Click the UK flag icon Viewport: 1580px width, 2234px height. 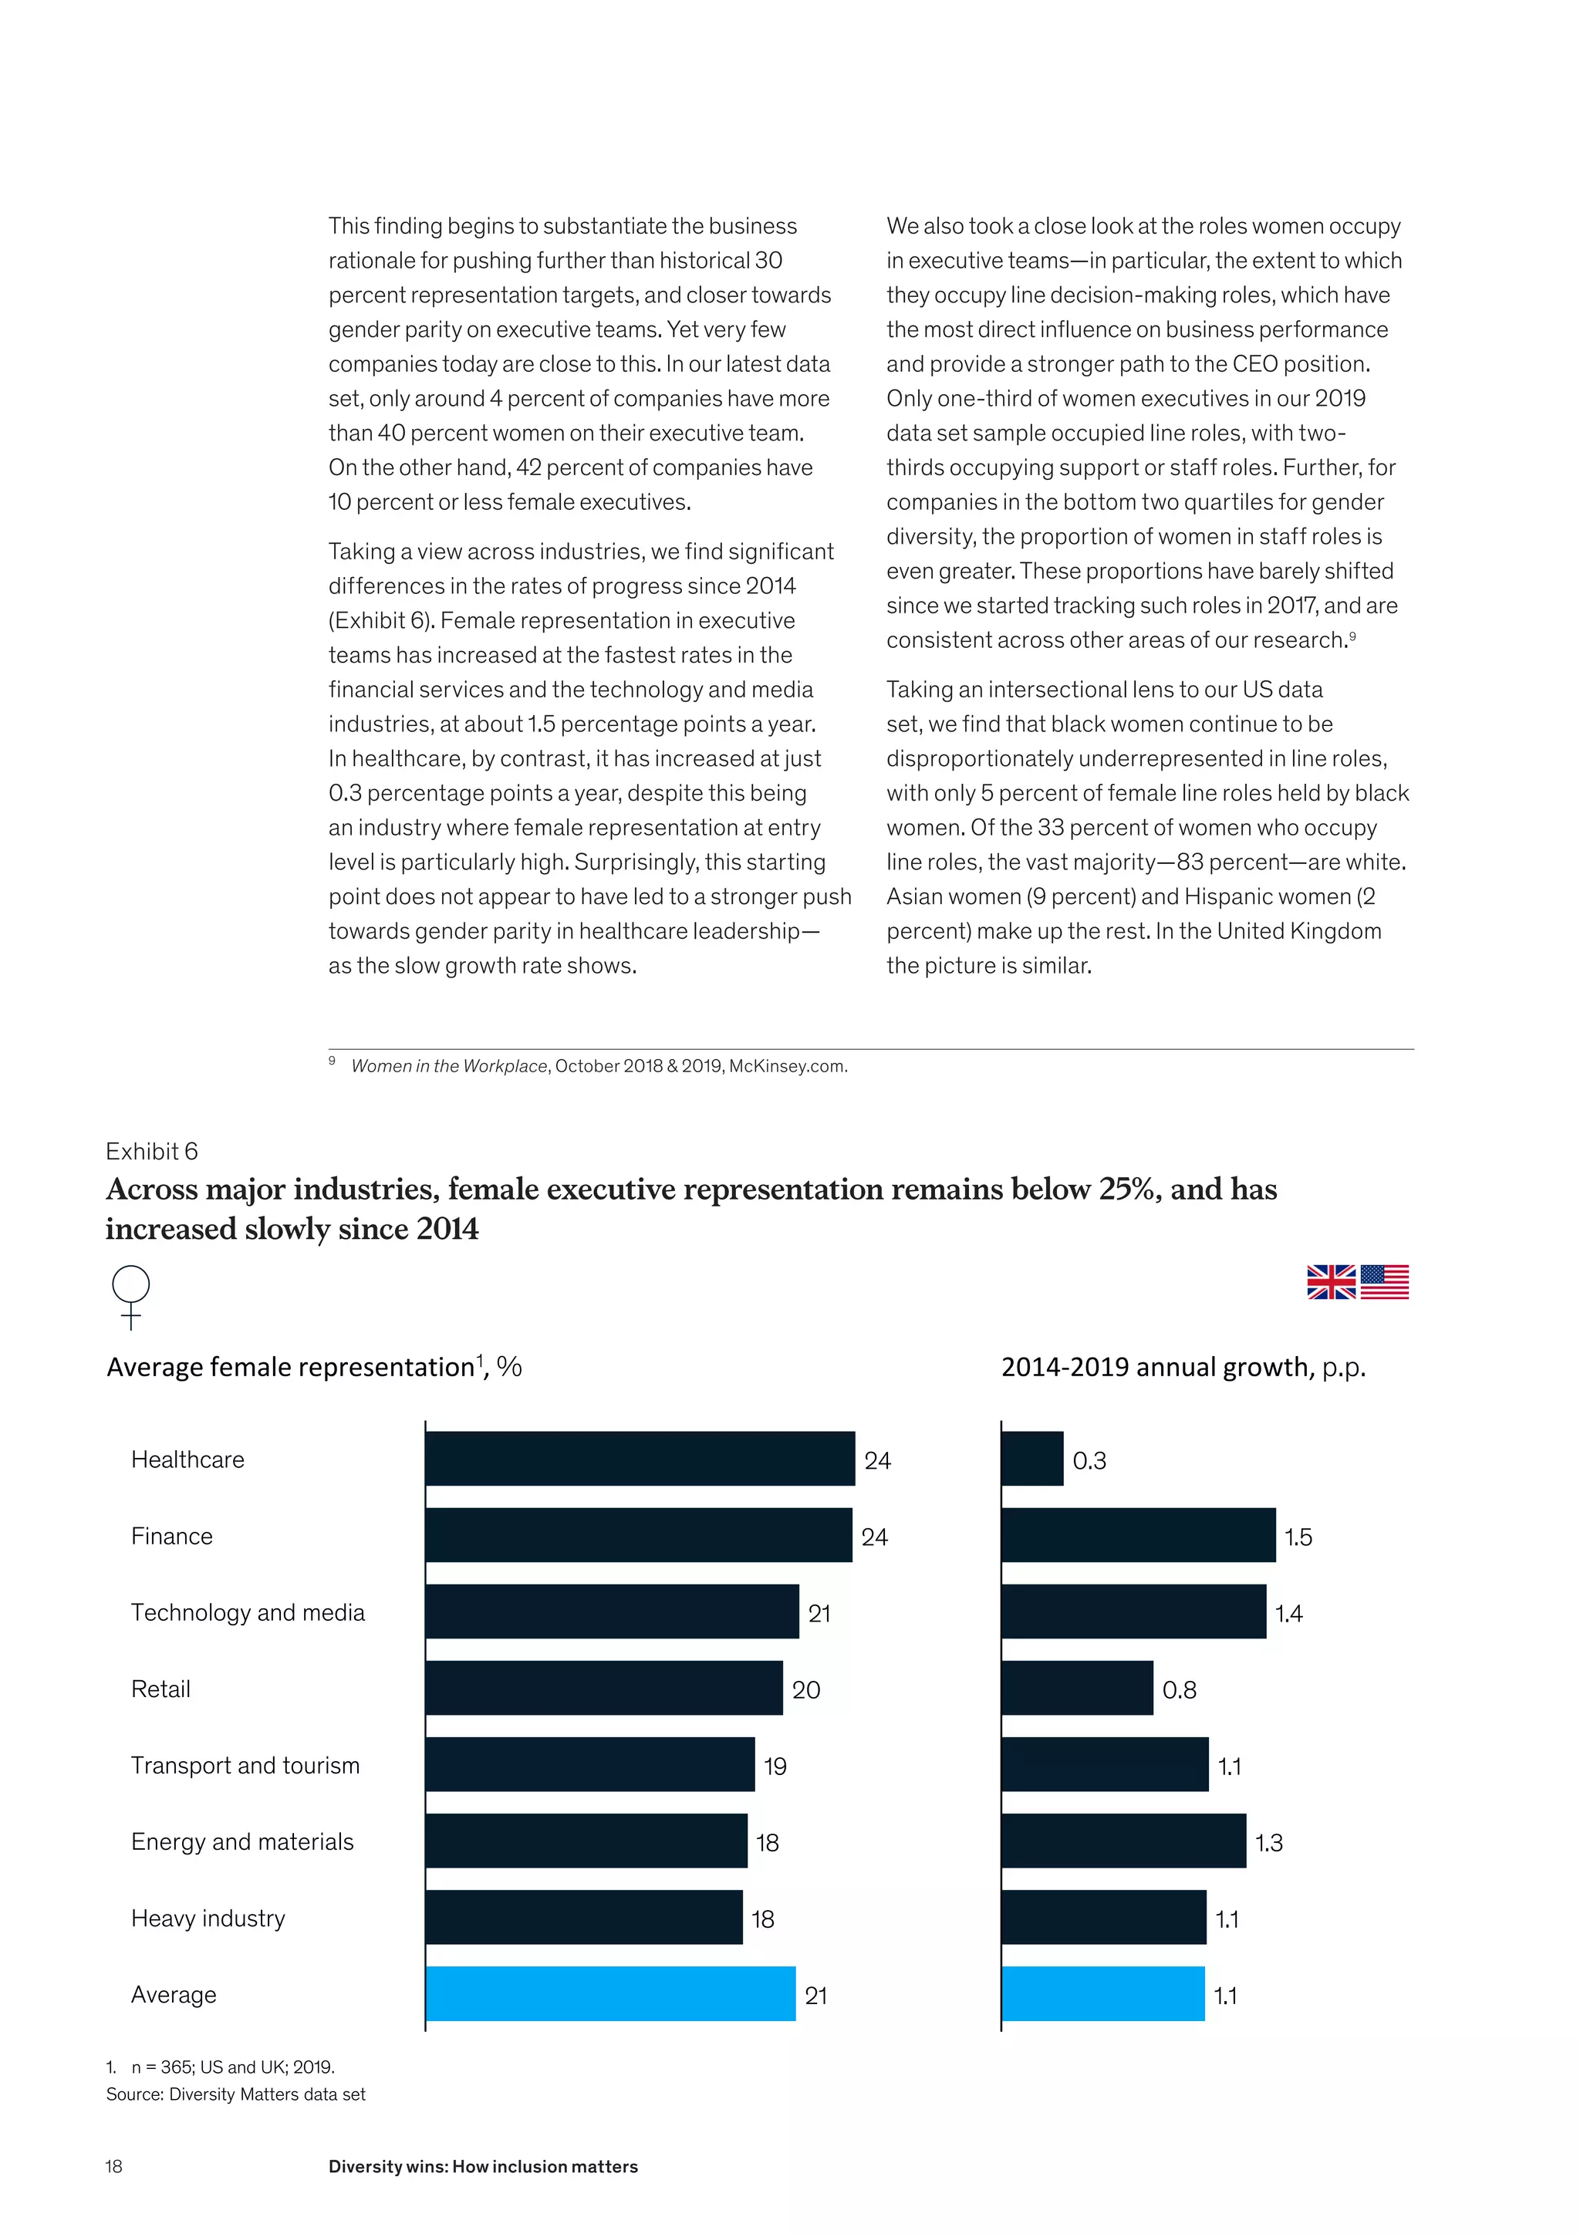(x=1331, y=1281)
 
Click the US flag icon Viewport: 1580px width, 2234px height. (x=1385, y=1281)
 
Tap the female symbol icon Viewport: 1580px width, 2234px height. (x=131, y=1296)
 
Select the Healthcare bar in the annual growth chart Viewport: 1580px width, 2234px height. (x=1032, y=1459)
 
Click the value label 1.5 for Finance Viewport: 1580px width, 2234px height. (x=1298, y=1537)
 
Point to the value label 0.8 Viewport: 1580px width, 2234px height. (x=1179, y=1689)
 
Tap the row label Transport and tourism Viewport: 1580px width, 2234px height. (x=245, y=1765)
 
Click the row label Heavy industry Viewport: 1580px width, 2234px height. (x=208, y=1918)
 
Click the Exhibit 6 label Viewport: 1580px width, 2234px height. (x=152, y=1151)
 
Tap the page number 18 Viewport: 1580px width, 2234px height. (x=114, y=2166)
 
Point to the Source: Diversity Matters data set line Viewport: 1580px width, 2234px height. (x=235, y=2094)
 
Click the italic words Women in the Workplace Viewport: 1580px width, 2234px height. (x=448, y=1065)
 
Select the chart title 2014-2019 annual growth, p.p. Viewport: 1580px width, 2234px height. (x=1183, y=1367)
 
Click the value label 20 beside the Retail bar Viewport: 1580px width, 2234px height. (x=805, y=1689)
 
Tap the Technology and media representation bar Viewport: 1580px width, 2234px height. (x=611, y=1611)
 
